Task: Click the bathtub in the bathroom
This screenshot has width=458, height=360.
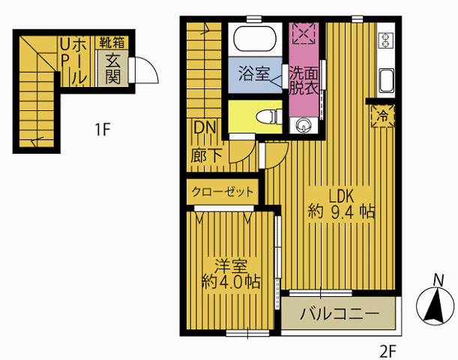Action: click(254, 39)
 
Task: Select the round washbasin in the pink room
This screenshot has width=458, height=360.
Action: click(304, 126)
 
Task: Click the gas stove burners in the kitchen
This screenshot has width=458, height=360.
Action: click(385, 40)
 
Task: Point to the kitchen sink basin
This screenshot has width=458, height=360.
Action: click(386, 80)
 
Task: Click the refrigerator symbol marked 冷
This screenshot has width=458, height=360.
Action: click(382, 116)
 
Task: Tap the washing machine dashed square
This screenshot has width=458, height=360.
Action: click(304, 33)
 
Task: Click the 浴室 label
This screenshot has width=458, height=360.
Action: click(253, 73)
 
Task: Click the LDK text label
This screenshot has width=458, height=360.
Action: click(341, 196)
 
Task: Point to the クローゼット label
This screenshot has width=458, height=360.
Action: click(223, 192)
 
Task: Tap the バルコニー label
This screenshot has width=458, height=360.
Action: click(340, 314)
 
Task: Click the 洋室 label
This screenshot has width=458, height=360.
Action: click(231, 265)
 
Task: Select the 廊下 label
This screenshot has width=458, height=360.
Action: click(206, 156)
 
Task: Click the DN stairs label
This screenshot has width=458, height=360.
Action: click(205, 127)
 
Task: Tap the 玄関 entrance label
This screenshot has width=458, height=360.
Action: click(112, 69)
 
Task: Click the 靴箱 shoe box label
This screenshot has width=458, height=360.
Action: click(112, 43)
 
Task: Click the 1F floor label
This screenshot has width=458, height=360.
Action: click(102, 129)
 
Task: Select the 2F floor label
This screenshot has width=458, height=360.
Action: click(388, 351)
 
